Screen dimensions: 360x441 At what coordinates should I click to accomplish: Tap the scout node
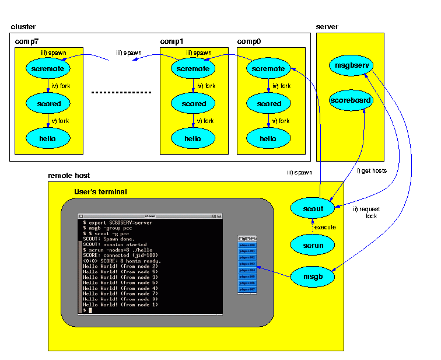[313, 208]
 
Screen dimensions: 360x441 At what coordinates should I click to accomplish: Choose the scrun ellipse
[313, 245]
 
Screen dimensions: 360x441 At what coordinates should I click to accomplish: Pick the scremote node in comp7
[48, 69]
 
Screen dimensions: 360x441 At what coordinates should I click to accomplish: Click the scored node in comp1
[193, 104]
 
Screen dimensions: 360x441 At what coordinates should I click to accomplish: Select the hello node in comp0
[268, 139]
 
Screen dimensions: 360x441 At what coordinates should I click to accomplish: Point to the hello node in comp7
[48, 139]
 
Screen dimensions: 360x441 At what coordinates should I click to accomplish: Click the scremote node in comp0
[268, 69]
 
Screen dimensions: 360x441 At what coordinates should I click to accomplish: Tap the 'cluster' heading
[23, 27]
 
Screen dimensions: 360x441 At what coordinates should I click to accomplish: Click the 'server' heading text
[327, 27]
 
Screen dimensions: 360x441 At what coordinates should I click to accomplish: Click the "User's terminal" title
[100, 192]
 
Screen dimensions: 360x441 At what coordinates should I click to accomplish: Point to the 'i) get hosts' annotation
[372, 170]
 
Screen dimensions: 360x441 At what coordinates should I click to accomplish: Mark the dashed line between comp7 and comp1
[121, 93]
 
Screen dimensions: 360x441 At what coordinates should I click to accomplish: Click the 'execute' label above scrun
[325, 226]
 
